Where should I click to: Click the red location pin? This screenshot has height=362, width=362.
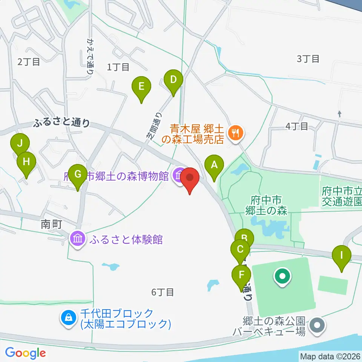tap(190, 178)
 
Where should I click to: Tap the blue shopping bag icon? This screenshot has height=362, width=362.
tap(68, 318)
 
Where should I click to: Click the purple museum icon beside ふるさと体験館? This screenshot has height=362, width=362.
tap(78, 239)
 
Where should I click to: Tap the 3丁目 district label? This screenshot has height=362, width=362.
tap(308, 59)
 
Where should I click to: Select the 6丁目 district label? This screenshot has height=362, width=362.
tap(163, 292)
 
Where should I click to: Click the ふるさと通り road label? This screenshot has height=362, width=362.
tap(62, 123)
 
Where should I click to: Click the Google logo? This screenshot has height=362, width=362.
tap(25, 353)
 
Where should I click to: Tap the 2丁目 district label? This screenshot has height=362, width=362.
tap(29, 62)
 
